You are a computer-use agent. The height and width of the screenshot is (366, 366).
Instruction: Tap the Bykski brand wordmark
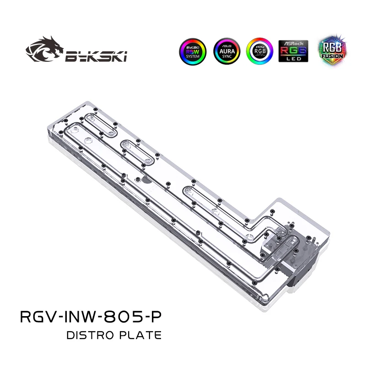pyautogui.click(x=96, y=57)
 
